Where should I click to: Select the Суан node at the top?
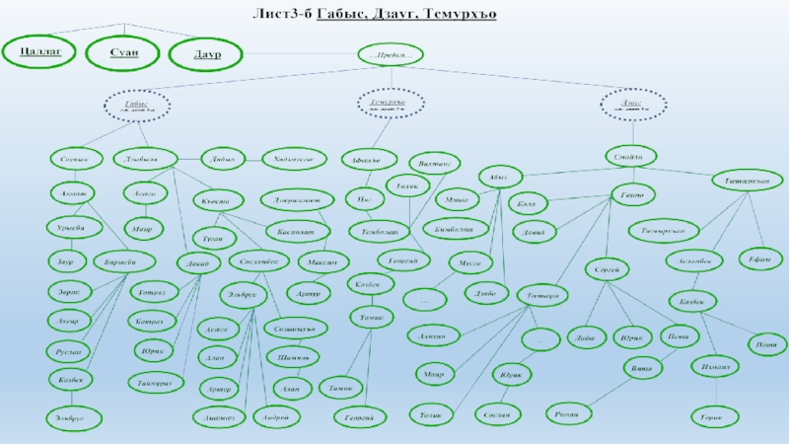pyautogui.click(x=122, y=53)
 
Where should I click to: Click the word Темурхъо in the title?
pyautogui.click(x=459, y=14)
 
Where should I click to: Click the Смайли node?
pyautogui.click(x=630, y=157)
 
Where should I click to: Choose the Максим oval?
pyautogui.click(x=323, y=263)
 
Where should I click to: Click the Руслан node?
pyautogui.click(x=71, y=350)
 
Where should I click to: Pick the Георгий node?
pyautogui.click(x=359, y=418)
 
